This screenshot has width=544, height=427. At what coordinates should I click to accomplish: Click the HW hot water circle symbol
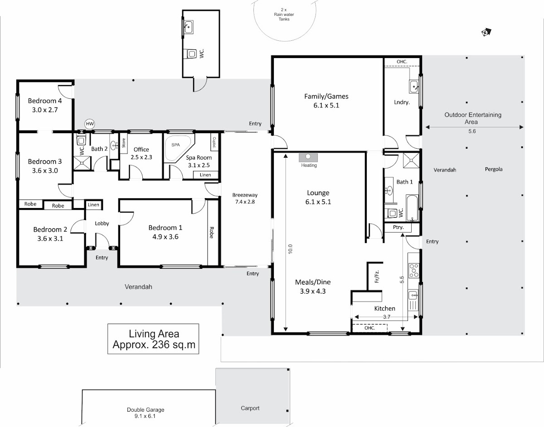90,124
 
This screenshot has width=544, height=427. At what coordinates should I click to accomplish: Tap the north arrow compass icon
486,32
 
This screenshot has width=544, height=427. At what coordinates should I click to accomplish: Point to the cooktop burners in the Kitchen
414,271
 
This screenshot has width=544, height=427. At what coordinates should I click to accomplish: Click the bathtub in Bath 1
412,208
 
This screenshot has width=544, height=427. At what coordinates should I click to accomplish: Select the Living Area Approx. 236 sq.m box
153,339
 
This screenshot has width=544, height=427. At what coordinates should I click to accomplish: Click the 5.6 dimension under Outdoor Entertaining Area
472,131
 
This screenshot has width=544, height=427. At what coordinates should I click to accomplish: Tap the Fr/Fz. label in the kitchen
377,277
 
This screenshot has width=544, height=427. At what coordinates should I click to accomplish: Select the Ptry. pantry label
398,227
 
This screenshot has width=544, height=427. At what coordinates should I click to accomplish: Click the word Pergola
494,169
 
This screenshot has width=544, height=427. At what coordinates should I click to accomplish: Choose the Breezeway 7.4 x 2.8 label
245,198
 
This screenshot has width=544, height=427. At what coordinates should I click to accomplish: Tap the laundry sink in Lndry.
414,87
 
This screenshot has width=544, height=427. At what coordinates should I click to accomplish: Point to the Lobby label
102,223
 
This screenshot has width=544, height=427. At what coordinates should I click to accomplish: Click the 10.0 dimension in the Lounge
290,249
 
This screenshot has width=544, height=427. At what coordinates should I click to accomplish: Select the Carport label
250,408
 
